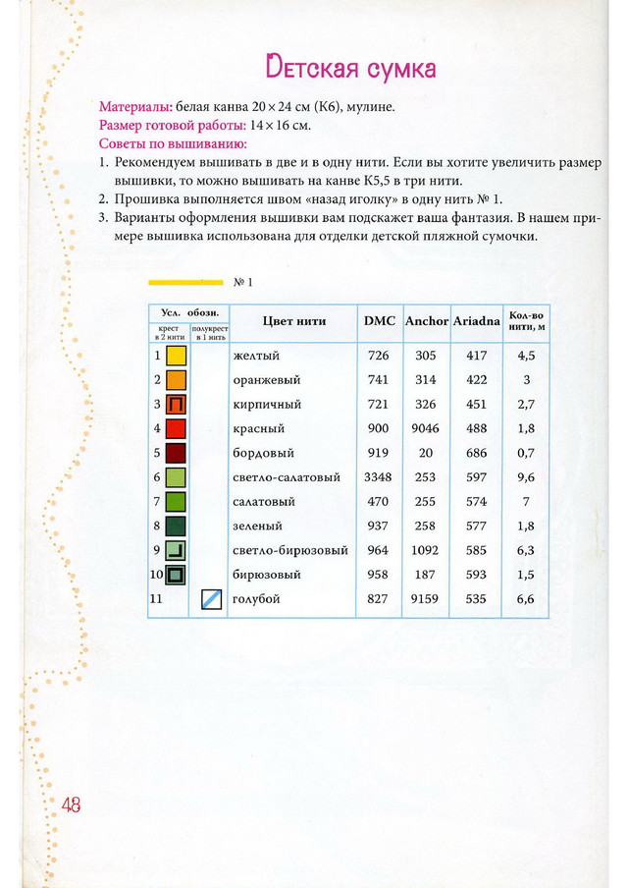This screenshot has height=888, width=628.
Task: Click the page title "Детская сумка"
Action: pos(350,68)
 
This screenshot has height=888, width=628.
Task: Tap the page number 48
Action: pos(71,804)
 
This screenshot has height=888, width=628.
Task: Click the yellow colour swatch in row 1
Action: pos(177,356)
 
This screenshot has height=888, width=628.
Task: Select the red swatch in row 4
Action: pos(177,428)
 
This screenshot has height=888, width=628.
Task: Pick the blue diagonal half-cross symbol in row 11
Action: pos(212,598)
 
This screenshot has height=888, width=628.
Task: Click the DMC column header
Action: pos(380,321)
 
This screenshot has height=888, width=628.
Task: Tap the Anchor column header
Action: pos(427,321)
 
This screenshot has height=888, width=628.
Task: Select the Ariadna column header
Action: pos(476,321)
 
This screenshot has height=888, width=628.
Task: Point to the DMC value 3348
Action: pos(379,477)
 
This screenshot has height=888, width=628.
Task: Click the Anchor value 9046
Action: pos(426,428)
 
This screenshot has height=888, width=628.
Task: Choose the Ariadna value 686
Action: pos(476,453)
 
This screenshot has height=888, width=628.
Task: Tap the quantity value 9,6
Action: pos(525,477)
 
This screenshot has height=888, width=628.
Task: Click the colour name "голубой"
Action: pos(254,598)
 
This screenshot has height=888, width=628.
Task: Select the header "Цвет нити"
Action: pos(294,321)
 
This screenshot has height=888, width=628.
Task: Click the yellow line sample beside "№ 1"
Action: pos(185,282)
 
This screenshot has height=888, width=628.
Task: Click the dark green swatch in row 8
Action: pos(177,526)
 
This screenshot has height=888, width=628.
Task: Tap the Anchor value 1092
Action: pos(426,550)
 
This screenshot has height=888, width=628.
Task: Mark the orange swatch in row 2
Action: pos(177,380)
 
